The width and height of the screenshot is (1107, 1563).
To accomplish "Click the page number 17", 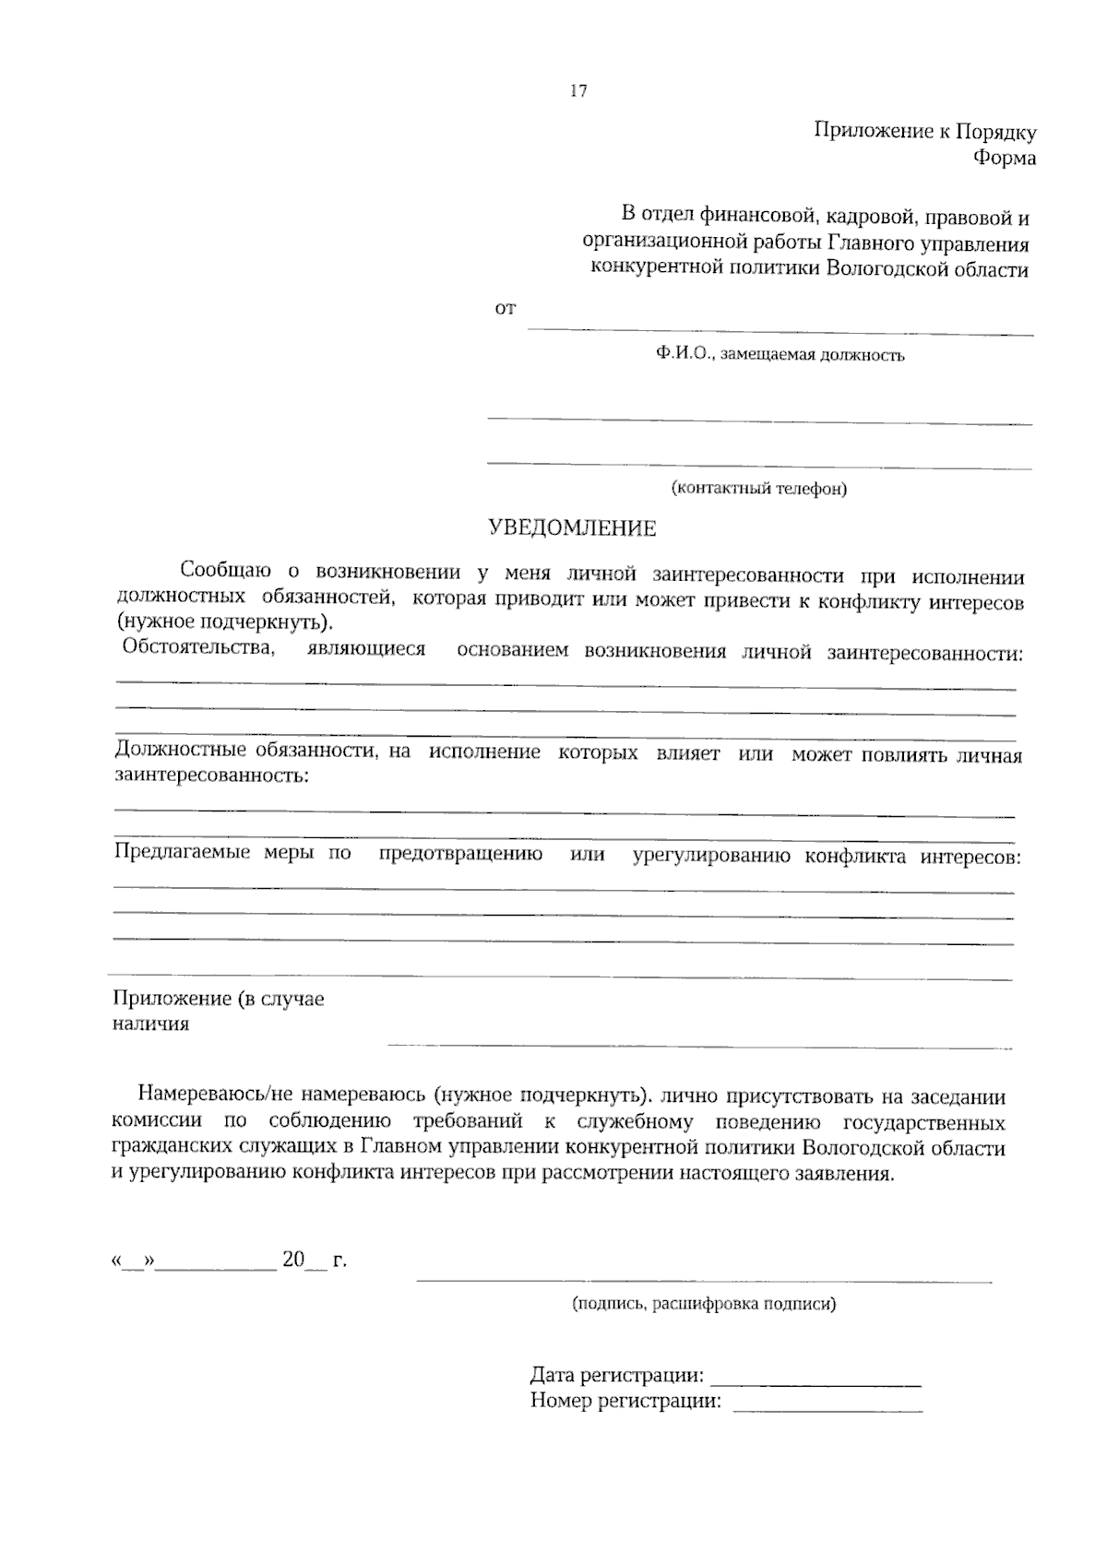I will [x=578, y=90].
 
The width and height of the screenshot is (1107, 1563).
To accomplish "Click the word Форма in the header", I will [x=1005, y=159].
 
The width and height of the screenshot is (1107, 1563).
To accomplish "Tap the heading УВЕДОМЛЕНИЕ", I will [x=572, y=528].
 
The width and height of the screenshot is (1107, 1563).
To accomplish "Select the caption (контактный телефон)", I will [x=759, y=489].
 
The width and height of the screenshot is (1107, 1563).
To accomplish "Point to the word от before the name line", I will [x=506, y=309].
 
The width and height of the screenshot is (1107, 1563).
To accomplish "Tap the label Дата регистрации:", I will [x=617, y=1377].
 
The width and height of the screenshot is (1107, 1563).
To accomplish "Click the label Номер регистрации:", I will [x=625, y=1403].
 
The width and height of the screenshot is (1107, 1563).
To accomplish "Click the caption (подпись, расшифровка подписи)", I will [x=703, y=1304].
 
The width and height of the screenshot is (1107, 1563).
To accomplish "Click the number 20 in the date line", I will [x=293, y=1260].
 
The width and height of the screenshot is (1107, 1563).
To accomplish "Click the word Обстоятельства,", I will [x=198, y=647].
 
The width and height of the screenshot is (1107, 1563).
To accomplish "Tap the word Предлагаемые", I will [x=182, y=852].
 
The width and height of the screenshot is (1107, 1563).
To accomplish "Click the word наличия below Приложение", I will [x=150, y=1024].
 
